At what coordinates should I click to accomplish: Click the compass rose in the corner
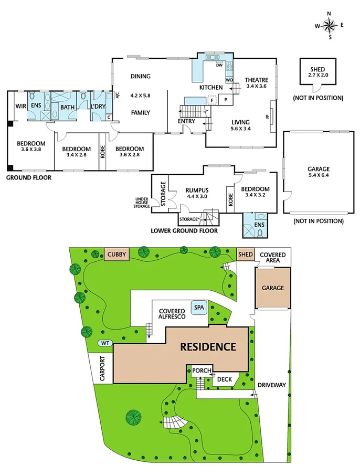point(330,25)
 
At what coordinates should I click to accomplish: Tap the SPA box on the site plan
point(199,308)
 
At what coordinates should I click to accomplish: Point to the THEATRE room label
point(257,80)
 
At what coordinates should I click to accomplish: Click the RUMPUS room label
point(197,190)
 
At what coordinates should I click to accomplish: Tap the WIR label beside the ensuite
point(20,106)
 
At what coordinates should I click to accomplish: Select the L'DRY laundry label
point(98,107)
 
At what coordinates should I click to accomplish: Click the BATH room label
point(67,107)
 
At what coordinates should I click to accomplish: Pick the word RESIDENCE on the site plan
point(208,346)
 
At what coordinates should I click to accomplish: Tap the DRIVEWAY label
point(271,385)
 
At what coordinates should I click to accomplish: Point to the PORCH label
point(202,371)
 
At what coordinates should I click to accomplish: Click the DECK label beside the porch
point(225,378)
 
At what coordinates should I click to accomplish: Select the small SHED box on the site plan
point(245,255)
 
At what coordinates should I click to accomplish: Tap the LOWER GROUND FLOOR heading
point(184,230)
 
